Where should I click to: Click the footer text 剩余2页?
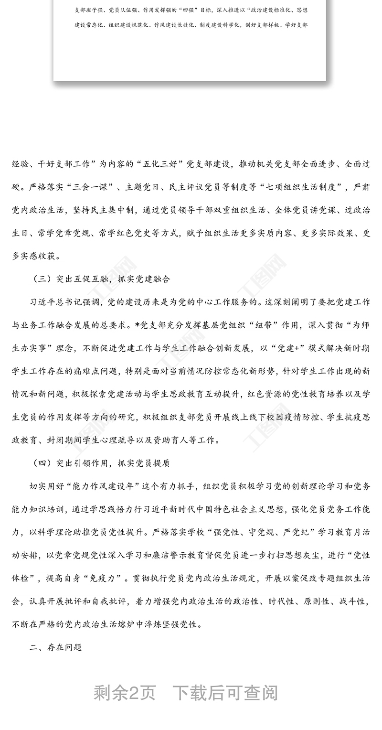click(125, 692)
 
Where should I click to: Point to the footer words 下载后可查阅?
click(225, 692)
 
